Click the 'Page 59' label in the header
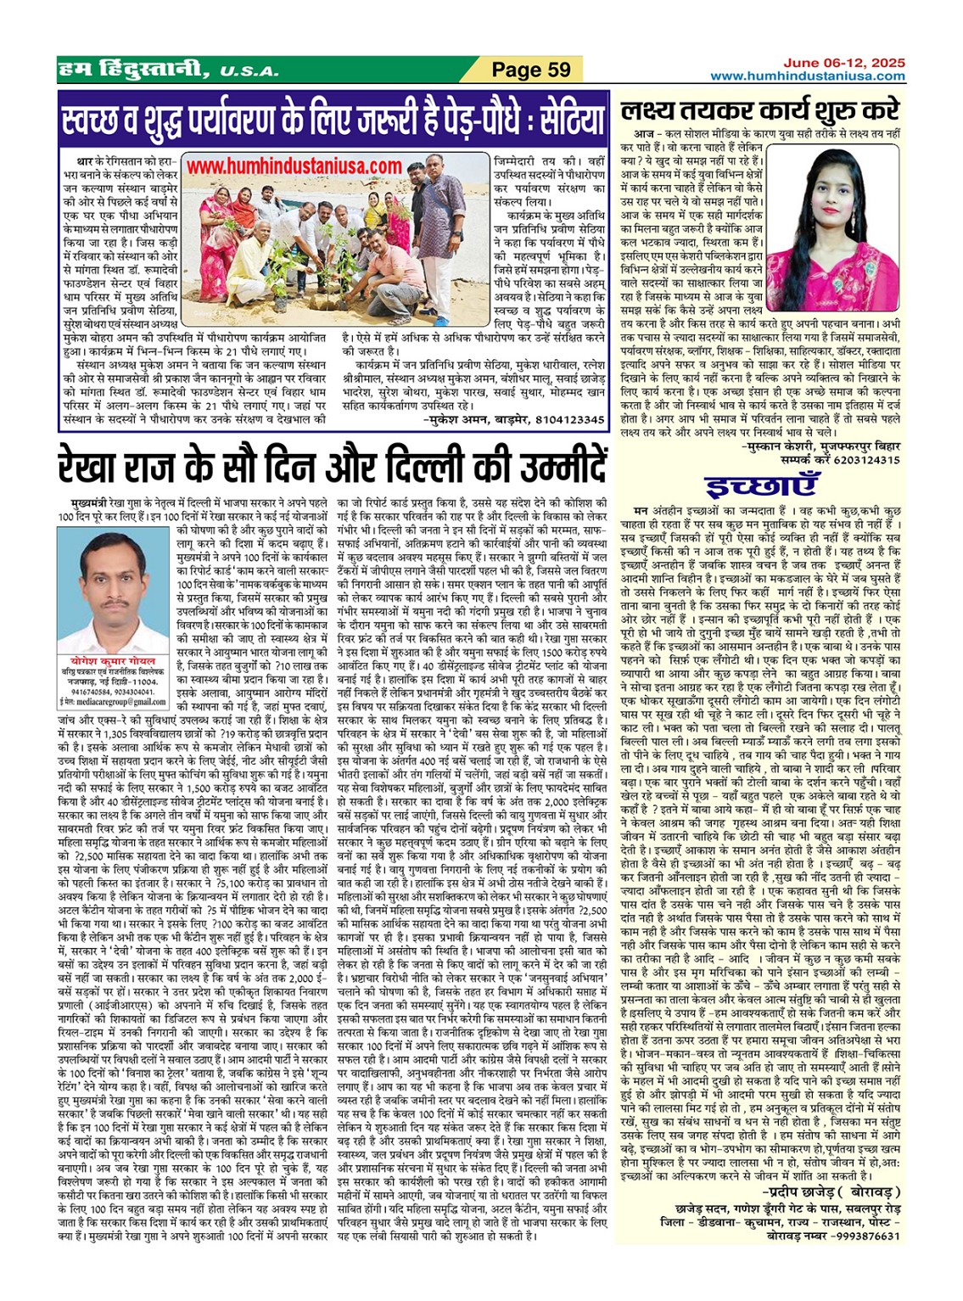[x=532, y=70]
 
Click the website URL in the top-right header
[x=807, y=76]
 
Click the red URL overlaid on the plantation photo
[x=294, y=166]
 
